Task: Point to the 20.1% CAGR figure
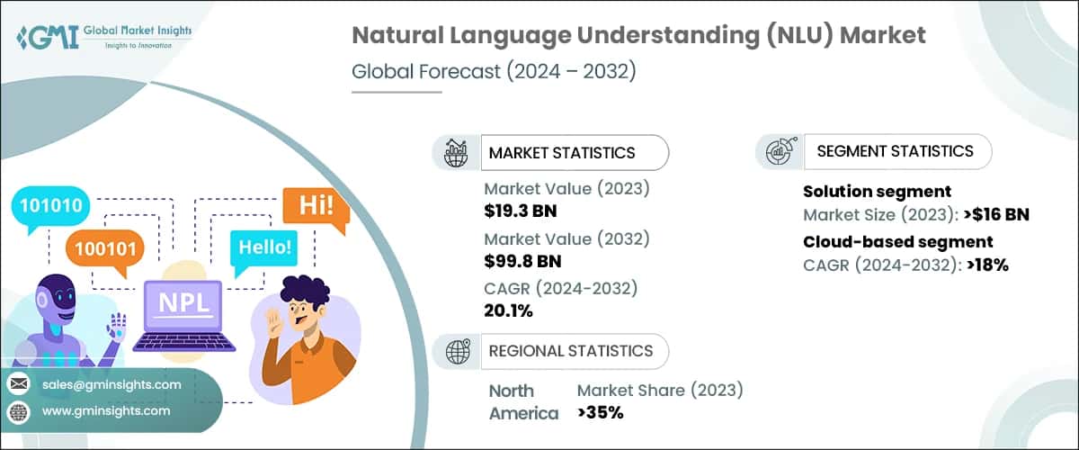point(509,311)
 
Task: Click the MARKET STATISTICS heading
point(562,153)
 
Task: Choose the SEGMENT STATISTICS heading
point(895,151)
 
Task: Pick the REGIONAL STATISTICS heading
point(570,351)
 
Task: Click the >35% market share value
point(601,413)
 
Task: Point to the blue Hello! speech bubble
point(264,246)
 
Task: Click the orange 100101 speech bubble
point(101,245)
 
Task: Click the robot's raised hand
point(116,324)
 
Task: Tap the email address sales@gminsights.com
point(111,384)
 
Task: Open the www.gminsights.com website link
point(106,410)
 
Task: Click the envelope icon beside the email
point(18,384)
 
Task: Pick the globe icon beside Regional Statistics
point(459,351)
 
